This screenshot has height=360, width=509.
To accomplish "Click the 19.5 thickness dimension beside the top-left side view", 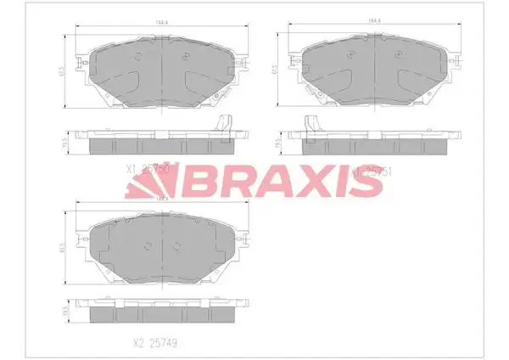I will [x=67, y=145].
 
